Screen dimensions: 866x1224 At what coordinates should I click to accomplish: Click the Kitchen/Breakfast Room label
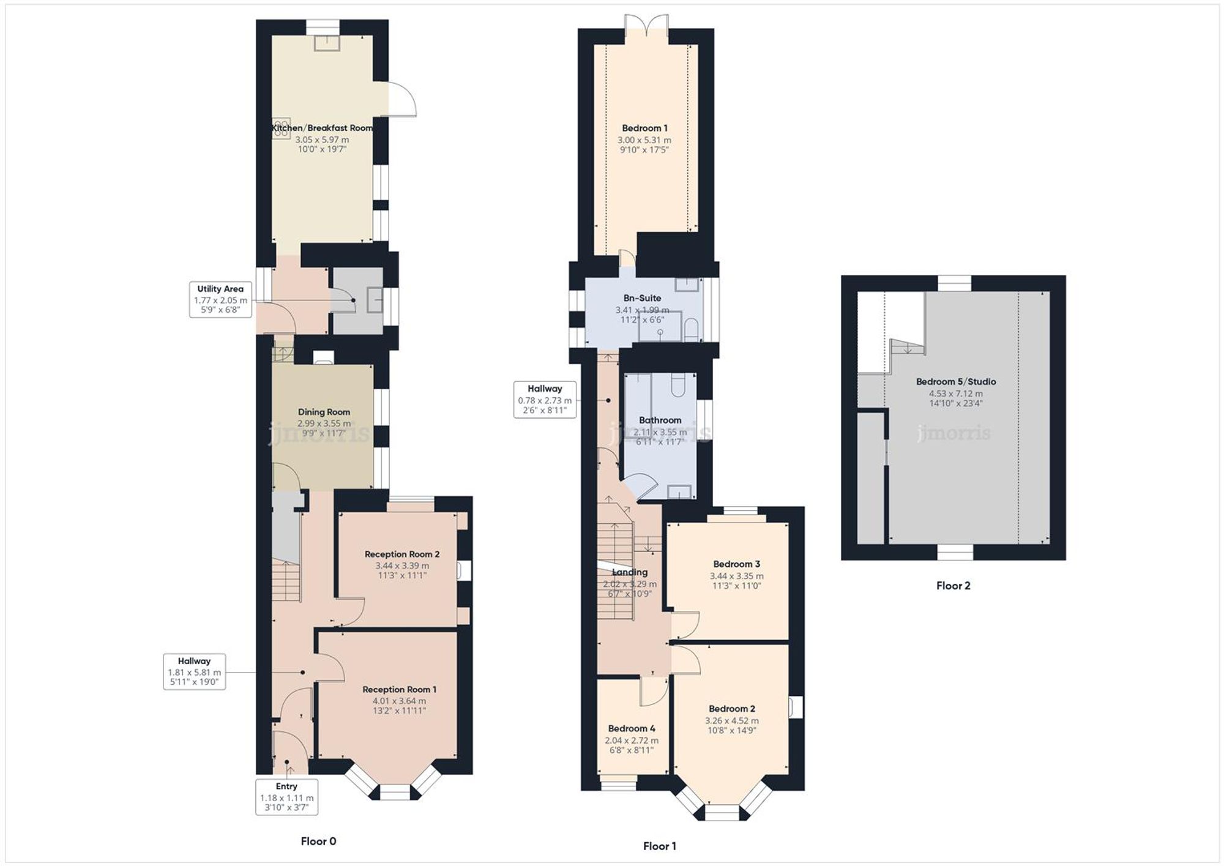point(323,128)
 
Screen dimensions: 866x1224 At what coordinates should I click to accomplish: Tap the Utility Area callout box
point(220,299)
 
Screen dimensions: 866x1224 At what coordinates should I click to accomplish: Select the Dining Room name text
point(324,412)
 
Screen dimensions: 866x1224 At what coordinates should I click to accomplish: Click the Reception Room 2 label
point(402,554)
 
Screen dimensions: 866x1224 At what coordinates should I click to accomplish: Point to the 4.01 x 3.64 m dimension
point(399,701)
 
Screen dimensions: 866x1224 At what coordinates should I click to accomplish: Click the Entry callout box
point(286,797)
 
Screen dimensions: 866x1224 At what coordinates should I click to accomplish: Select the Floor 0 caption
point(318,842)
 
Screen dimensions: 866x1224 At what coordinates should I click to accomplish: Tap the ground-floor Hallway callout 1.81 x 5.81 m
point(194,671)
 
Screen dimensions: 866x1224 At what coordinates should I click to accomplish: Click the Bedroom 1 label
point(644,128)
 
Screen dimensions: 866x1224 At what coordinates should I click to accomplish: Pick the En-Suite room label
point(642,298)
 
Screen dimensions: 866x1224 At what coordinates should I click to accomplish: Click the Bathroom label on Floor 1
point(660,420)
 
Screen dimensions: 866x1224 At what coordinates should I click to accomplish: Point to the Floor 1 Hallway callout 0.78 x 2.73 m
point(545,400)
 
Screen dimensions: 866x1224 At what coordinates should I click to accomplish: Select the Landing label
point(630,573)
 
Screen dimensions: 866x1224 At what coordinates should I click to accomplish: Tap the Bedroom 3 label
point(736,564)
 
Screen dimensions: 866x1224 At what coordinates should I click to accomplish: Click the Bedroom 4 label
point(632,729)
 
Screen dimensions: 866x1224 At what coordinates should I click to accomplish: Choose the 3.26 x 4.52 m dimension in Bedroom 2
point(731,721)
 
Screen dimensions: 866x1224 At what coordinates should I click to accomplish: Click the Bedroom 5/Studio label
point(955,382)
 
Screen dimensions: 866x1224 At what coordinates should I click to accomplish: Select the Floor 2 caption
point(953,586)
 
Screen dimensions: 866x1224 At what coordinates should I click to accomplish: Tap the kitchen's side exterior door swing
point(402,99)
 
